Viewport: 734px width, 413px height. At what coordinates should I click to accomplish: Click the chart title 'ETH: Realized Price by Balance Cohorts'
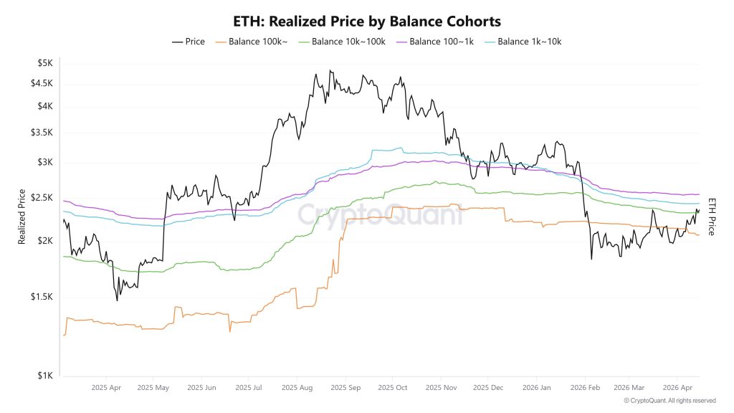pos(367,22)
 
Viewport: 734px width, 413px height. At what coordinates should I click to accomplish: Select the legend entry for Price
pos(189,42)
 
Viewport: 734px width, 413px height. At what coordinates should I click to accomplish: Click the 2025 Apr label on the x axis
pos(105,387)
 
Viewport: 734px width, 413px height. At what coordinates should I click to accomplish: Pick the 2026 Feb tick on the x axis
pos(584,387)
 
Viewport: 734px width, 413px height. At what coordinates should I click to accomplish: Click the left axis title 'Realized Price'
pos(22,217)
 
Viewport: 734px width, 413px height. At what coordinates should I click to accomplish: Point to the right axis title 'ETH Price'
pos(712,217)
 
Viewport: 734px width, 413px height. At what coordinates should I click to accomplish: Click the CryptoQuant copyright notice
pos(669,401)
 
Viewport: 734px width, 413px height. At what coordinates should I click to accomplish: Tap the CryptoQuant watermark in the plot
pos(380,214)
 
